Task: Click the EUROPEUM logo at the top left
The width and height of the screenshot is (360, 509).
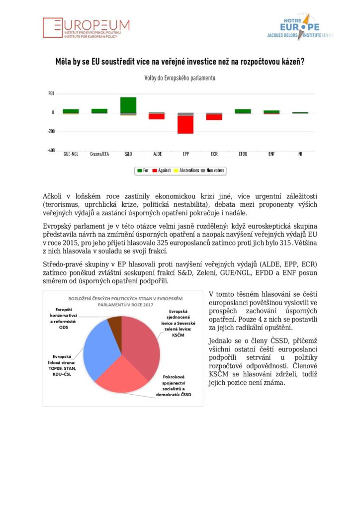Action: point(86,28)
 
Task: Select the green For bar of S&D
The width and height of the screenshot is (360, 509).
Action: point(128,104)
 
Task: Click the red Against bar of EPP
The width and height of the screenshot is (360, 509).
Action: point(185,125)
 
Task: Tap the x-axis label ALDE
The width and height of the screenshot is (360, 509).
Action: point(157,154)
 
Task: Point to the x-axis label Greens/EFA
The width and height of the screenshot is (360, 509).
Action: point(99,154)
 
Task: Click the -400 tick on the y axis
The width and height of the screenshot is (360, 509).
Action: point(50,150)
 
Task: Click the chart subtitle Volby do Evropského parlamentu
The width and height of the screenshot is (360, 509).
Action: point(180,78)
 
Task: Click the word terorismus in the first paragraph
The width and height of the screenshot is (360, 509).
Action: point(63,204)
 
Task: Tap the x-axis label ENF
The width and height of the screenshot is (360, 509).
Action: point(271,154)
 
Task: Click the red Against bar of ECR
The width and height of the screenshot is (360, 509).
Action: point(214,117)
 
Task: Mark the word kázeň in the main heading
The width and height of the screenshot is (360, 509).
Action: point(292,63)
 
